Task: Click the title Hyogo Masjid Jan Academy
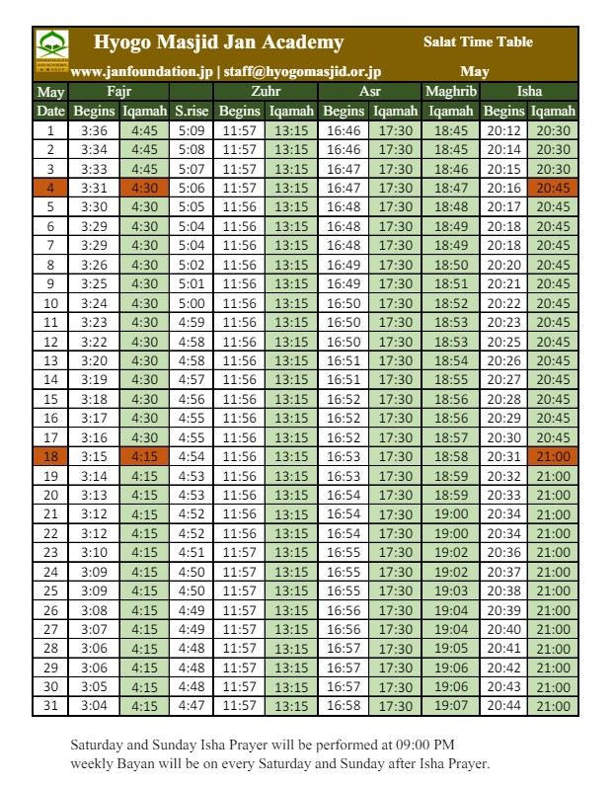(218, 42)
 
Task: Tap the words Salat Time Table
(478, 42)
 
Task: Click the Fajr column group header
(118, 92)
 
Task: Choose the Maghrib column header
(450, 92)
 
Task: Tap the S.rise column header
(192, 112)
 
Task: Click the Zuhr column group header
(266, 92)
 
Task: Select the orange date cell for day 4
(50, 188)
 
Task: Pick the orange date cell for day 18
(50, 456)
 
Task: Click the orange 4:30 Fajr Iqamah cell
(144, 188)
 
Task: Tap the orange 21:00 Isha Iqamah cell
(554, 456)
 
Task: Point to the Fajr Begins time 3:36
(95, 130)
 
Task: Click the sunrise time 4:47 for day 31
(192, 706)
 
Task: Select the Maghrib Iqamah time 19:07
(450, 706)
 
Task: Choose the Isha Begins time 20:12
(503, 130)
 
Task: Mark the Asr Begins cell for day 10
(344, 303)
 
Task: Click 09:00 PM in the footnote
(422, 744)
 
